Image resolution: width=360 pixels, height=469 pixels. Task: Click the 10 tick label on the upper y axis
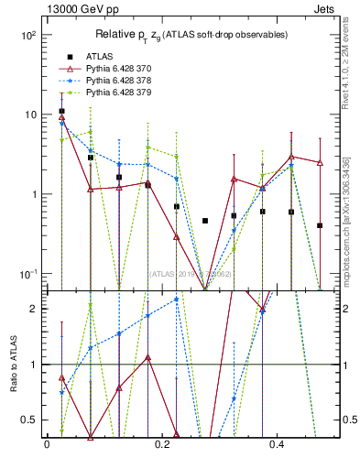coord(29,115)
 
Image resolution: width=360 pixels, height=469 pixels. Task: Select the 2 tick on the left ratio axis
coord(33,309)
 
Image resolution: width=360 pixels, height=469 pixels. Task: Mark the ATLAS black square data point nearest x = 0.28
coord(205,221)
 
